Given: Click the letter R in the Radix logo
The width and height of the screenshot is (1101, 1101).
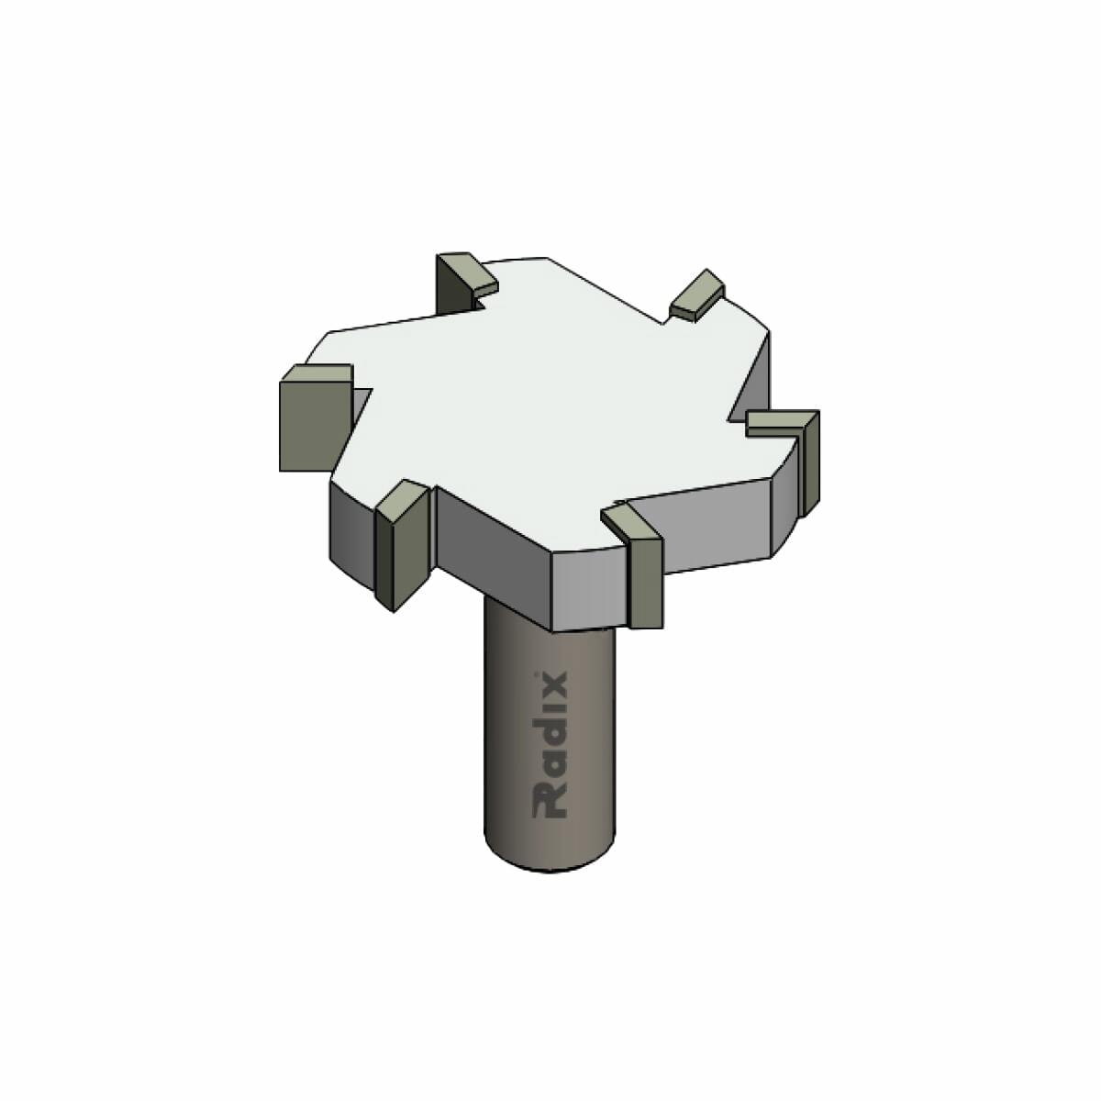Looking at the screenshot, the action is [550, 802].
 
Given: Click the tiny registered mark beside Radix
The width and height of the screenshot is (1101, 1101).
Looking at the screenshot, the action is [535, 674].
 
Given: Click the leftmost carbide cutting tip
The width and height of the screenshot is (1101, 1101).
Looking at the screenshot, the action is [316, 417].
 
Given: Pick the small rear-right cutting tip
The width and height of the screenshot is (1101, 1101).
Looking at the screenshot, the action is [698, 295].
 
